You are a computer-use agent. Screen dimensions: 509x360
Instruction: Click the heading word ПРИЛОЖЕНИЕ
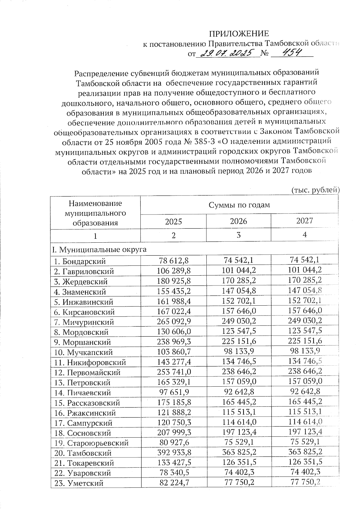(239, 33)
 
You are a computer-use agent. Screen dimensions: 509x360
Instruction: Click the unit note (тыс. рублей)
(315, 190)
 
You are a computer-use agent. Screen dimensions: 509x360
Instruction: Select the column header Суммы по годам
(239, 205)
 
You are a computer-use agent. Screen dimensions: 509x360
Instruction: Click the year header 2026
(238, 221)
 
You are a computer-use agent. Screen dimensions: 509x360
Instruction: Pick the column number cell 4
(304, 235)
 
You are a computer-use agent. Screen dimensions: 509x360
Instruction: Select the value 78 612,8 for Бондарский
(174, 261)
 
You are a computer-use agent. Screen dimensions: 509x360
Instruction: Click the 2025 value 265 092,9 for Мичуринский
(174, 322)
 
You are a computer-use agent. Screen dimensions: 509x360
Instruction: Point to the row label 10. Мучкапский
(83, 352)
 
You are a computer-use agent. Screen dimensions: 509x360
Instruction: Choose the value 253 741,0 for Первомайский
(174, 372)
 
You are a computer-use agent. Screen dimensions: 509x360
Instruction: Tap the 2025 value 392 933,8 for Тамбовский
(174, 453)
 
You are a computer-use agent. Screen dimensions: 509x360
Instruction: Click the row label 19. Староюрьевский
(91, 443)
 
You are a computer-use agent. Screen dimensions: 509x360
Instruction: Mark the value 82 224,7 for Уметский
(174, 483)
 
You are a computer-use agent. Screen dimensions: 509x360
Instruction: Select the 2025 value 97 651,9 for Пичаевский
(174, 392)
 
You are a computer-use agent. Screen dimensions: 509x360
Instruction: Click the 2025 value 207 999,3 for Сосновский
(174, 433)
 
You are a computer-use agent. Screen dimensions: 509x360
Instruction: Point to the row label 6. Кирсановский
(84, 312)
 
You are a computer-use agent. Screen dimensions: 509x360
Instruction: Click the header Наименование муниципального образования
(95, 213)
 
